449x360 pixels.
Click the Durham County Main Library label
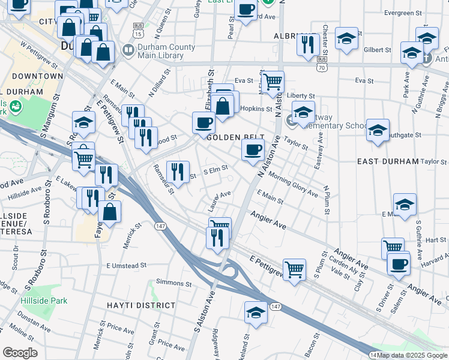pyautogui.click(x=166, y=52)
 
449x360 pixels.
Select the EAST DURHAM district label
pyautogui.click(x=387, y=162)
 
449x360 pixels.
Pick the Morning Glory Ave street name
pyautogui.click(x=293, y=185)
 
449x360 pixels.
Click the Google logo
pyautogui.click(x=20, y=353)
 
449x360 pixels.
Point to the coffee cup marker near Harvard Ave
pyautogui.click(x=398, y=263)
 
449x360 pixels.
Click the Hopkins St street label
pyautogui.click(x=256, y=109)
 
